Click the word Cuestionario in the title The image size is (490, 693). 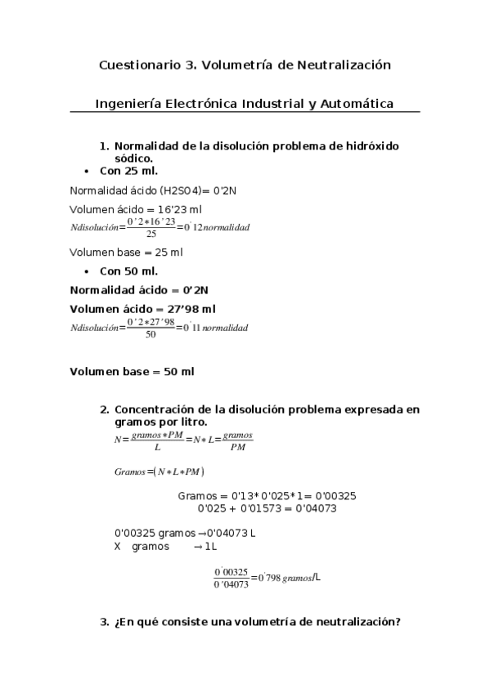[135, 64]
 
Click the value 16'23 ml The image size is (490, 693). [160, 209]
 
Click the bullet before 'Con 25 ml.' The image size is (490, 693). [87, 172]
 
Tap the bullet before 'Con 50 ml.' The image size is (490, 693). [87, 271]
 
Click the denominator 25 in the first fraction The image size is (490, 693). [151, 234]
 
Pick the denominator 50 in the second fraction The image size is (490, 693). [151, 334]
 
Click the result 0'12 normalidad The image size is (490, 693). [216, 226]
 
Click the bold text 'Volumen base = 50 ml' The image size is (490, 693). [132, 372]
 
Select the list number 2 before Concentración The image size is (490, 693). [104, 409]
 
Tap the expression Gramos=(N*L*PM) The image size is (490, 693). [160, 472]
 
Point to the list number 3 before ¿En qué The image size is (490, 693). [104, 622]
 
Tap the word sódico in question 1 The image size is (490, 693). [133, 158]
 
